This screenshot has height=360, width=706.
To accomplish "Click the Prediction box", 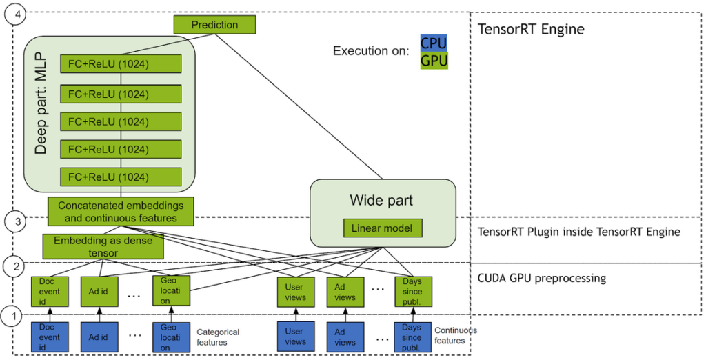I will (214, 25).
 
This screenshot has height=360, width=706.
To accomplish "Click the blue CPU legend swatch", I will (434, 43).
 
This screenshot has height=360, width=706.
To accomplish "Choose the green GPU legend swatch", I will (434, 61).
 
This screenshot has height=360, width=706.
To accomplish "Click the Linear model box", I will (383, 228).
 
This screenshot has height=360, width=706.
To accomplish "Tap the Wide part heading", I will (381, 201).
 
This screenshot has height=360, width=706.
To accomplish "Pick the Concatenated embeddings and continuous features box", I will (121, 212).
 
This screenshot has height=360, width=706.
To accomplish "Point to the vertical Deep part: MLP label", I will (41, 114).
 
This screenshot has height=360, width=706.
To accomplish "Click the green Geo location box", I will (170, 292).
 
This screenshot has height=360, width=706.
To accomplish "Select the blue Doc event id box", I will (50, 337).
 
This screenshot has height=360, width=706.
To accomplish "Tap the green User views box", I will (295, 292).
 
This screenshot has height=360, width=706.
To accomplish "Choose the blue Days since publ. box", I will (412, 337).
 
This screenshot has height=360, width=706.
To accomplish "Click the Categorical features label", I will (218, 337).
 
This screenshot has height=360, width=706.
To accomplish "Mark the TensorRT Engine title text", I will (531, 30).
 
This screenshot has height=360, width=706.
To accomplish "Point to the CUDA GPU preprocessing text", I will (542, 279).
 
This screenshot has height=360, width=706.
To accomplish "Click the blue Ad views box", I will (345, 337).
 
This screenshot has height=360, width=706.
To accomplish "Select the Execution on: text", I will (371, 51).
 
